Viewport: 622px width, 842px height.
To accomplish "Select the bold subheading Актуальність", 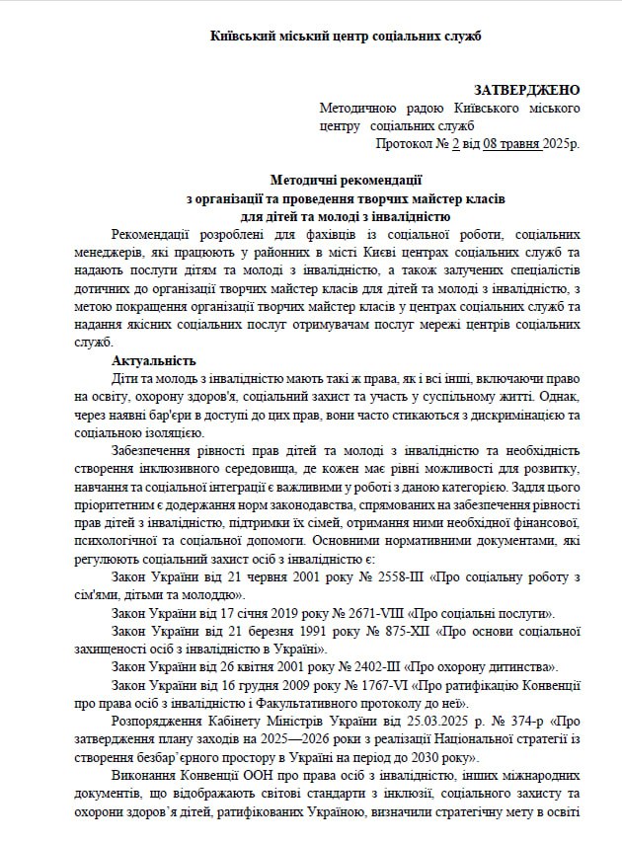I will tap(153, 359).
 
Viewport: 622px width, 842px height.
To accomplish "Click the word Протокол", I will tap(403, 143).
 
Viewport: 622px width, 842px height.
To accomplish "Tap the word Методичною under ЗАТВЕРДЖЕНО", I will tap(357, 108).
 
